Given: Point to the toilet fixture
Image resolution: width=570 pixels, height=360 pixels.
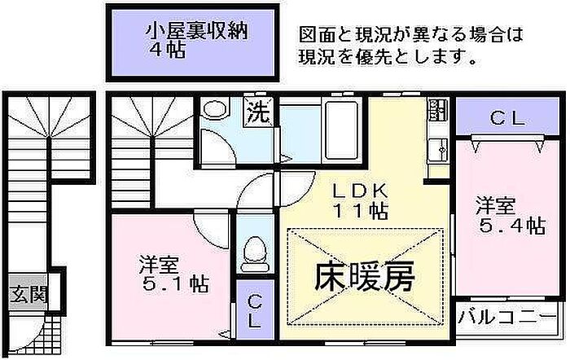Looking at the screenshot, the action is pos(254,248).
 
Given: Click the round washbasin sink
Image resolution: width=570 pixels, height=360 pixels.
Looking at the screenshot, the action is pos(216,112).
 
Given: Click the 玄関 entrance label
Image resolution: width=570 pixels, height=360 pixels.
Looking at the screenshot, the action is pos(28,293).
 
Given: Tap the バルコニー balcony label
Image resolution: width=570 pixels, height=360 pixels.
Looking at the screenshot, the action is pos(507,314).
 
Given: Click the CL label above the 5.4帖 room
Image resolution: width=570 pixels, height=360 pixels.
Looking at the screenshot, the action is pos(507,119).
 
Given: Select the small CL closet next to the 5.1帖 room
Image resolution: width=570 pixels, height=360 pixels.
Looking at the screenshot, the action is pos(255,309).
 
